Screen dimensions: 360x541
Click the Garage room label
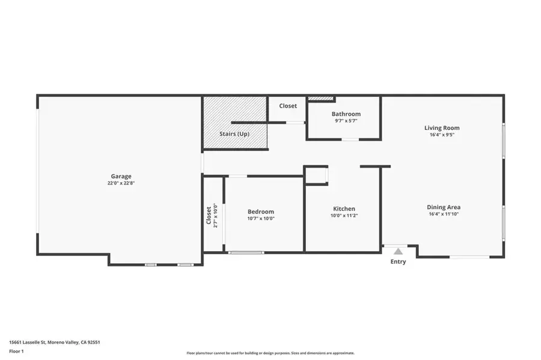click(121, 176)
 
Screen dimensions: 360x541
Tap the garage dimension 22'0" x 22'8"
click(121, 183)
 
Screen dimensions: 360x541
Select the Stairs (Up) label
click(234, 133)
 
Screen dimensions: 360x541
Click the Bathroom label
click(346, 114)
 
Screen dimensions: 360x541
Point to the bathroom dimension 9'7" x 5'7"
click(346, 121)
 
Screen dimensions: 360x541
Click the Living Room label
click(442, 127)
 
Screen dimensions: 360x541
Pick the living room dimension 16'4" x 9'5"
click(442, 135)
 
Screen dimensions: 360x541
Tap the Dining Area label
click(444, 207)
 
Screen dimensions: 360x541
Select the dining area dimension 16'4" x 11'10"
click(444, 214)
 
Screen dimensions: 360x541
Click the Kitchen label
click(344, 209)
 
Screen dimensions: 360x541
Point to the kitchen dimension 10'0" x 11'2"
click(344, 216)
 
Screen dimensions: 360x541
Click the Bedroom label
click(261, 211)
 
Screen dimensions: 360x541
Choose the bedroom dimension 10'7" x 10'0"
click(261, 218)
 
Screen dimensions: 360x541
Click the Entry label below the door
click(398, 261)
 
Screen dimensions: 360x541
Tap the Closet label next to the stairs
click(287, 106)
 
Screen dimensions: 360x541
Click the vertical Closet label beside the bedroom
click(209, 216)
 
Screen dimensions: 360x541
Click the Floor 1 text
click(17, 350)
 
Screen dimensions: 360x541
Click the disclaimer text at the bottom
click(270, 353)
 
